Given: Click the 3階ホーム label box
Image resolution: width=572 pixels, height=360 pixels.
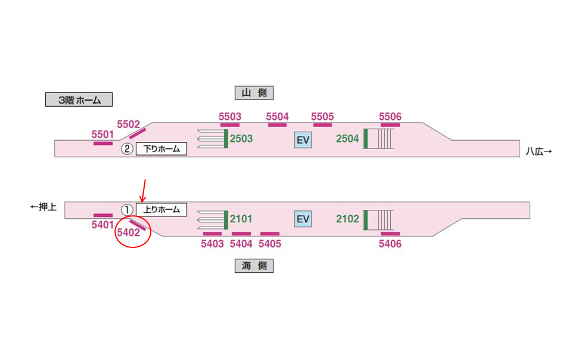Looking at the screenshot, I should (x=79, y=100).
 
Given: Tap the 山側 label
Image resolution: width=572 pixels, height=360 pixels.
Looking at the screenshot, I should (x=254, y=92).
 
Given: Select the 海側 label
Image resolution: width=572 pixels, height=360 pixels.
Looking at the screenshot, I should (x=254, y=266).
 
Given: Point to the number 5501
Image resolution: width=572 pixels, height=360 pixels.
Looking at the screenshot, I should (x=103, y=135).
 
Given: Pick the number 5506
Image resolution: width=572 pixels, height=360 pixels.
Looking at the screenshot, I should (x=390, y=117).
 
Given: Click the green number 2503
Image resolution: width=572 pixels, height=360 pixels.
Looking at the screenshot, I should (x=241, y=139).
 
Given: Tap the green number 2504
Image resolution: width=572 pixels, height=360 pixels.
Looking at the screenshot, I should (x=347, y=139).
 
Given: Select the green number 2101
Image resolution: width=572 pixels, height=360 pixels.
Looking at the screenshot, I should (x=241, y=219).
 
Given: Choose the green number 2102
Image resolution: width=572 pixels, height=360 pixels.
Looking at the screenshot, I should (x=347, y=219).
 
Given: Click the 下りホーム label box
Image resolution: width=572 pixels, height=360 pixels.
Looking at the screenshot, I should (x=161, y=149).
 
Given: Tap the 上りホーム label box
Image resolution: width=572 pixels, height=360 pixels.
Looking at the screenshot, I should (x=161, y=210).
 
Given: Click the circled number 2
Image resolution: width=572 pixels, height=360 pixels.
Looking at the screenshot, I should (x=126, y=149).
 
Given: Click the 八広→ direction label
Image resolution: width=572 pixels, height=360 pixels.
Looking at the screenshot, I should (x=539, y=151).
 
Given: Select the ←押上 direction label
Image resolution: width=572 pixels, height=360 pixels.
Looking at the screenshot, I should (x=43, y=207).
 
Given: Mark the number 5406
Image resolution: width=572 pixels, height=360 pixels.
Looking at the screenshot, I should (x=390, y=244).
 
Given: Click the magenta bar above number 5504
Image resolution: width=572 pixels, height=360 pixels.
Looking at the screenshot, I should (x=277, y=125).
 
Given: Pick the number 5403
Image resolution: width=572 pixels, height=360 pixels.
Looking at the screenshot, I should (x=212, y=244).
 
